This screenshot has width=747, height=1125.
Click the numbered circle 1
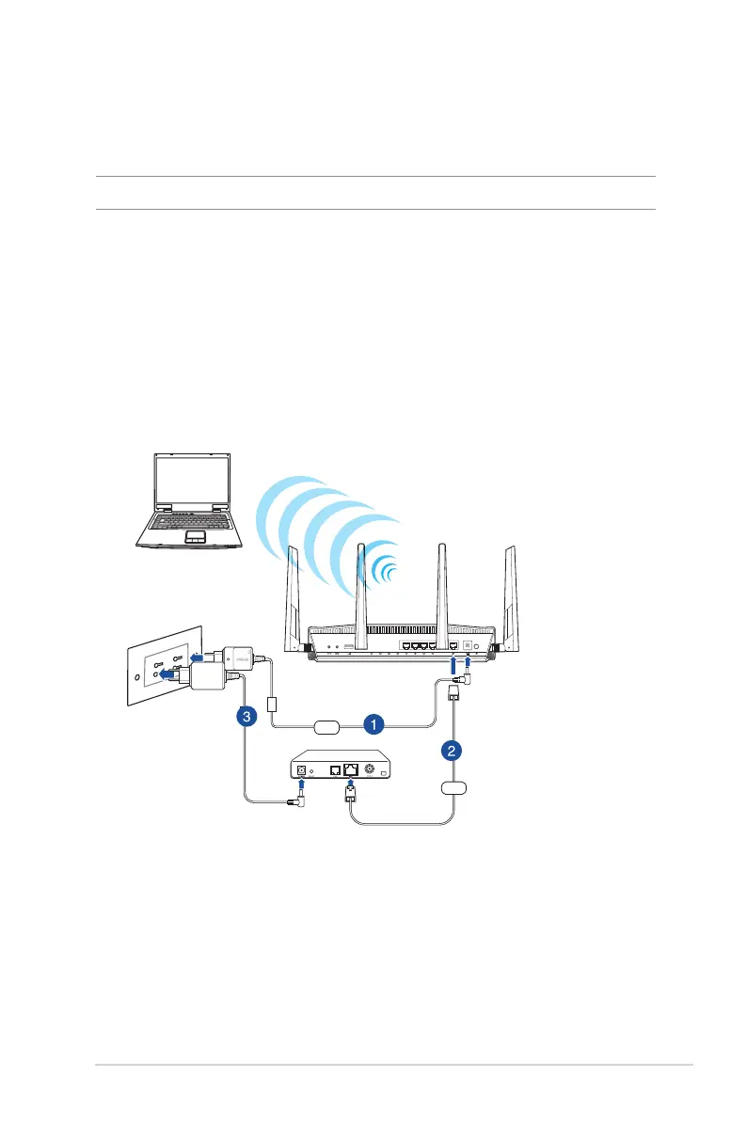click(373, 724)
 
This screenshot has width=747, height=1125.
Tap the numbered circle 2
click(453, 751)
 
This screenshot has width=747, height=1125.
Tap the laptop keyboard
click(188, 521)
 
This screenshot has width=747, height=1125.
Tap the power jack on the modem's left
click(302, 768)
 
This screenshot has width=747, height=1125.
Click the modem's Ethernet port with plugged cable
click(352, 768)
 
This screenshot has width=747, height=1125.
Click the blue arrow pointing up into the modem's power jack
click(302, 783)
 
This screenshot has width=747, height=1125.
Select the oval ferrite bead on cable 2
click(453, 786)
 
